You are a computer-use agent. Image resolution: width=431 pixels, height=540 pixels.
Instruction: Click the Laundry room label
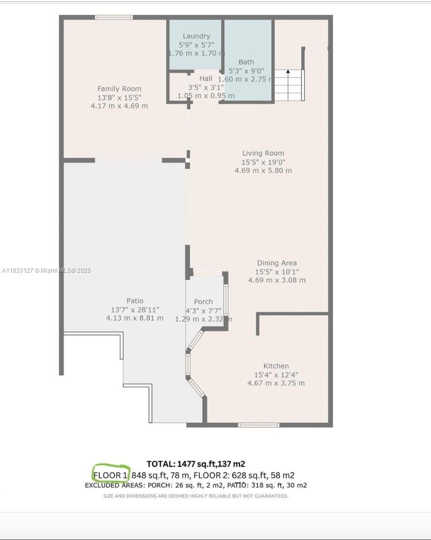point(196,36)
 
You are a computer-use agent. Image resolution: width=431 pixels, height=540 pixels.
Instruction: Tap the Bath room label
point(246,62)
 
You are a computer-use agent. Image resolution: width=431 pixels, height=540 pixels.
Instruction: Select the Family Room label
point(119,89)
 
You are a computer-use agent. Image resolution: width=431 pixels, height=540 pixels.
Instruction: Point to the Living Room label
point(263,153)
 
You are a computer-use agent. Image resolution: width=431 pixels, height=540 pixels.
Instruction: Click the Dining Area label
point(277,263)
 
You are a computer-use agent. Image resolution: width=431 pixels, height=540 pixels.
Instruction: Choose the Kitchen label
point(276,366)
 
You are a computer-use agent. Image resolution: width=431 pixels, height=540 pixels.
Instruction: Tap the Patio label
point(135,301)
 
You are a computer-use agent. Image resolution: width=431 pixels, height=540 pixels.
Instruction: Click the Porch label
point(204,301)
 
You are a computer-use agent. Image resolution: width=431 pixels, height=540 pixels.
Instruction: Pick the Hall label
point(206,79)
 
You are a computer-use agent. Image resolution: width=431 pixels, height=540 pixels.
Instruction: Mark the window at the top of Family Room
point(114,17)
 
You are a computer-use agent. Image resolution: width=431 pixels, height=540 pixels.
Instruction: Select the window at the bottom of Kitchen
point(258,425)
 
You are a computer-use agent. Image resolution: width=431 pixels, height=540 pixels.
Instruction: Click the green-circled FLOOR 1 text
point(110,475)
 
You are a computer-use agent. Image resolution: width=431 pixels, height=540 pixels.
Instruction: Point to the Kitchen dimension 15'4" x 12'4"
point(276,375)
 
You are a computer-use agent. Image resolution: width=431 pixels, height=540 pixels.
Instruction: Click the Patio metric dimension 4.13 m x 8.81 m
point(135,318)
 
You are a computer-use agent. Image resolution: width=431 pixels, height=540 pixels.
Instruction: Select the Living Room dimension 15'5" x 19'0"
point(263,162)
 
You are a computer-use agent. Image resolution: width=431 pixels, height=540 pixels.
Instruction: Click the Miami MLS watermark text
point(66,270)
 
